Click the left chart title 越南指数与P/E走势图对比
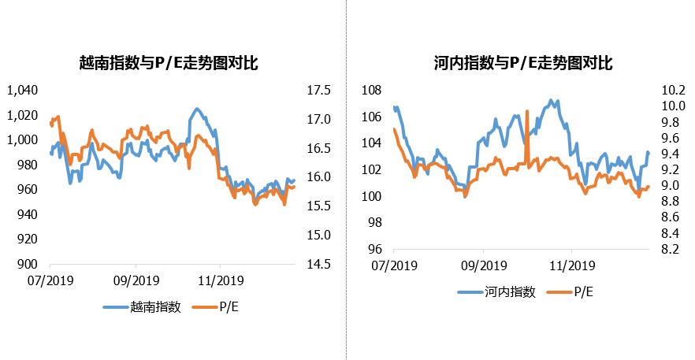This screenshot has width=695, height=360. (x=169, y=63)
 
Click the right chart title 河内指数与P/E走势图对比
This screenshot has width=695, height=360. (x=522, y=63)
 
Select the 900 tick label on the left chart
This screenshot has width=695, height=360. (x=28, y=265)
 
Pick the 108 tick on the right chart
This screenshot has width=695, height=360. (x=372, y=91)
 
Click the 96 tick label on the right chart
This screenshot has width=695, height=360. (x=375, y=249)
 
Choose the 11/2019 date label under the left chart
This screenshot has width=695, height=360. (x=220, y=280)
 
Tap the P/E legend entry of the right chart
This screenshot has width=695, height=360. (x=583, y=291)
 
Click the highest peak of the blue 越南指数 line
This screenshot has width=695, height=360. (x=196, y=109)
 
